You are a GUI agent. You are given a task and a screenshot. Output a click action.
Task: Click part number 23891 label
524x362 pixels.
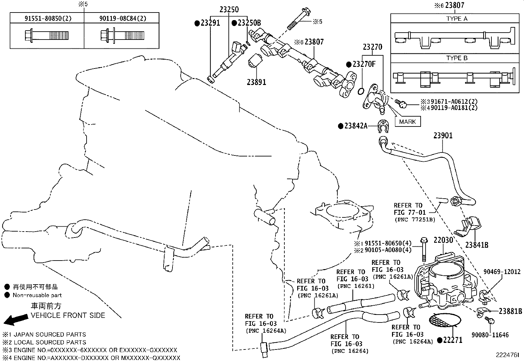(256, 82)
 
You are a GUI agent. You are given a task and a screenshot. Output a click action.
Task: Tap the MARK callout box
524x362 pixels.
(407, 122)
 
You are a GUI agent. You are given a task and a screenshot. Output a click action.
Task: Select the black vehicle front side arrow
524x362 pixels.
(16, 320)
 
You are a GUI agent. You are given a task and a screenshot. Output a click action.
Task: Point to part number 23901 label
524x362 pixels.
(443, 136)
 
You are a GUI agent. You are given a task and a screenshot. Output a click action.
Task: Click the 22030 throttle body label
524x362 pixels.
(443, 240)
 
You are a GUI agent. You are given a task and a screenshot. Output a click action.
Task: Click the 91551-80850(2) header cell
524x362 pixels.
(48, 18)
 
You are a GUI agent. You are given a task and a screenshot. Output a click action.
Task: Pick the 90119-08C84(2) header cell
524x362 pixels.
(123, 18)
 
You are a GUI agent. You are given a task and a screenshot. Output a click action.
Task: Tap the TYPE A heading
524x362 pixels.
(457, 19)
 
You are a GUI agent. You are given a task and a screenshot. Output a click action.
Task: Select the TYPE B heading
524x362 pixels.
(457, 58)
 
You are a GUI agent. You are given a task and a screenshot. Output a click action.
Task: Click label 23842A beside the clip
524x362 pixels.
(356, 126)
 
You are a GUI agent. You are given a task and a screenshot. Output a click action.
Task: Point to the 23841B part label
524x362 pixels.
(477, 245)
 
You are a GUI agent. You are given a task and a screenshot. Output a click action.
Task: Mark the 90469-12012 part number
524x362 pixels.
(502, 272)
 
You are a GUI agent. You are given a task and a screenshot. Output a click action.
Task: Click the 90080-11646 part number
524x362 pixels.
(490, 335)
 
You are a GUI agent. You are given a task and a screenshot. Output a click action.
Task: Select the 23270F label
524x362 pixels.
(364, 64)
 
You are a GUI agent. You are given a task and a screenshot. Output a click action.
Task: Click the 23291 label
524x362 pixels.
(210, 23)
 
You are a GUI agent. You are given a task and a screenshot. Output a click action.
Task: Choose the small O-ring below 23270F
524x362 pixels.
(361, 91)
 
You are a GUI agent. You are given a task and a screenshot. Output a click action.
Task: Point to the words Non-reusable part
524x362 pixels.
(37, 295)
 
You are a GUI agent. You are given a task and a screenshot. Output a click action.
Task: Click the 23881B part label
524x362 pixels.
(511, 311)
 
